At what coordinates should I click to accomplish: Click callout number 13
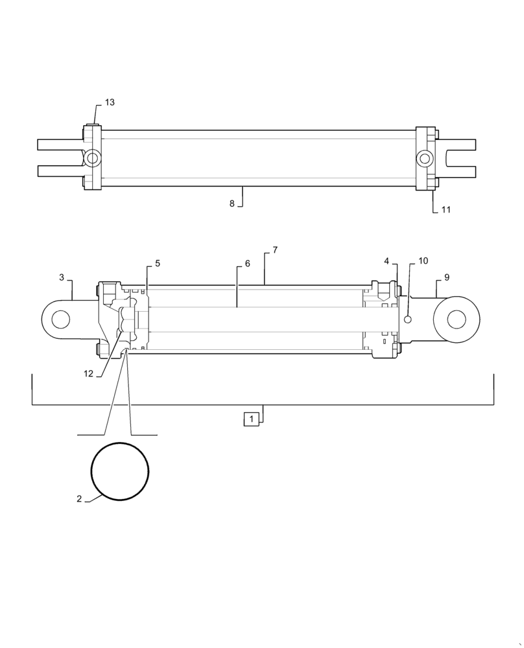coord(110,103)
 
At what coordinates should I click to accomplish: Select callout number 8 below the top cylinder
coord(232,203)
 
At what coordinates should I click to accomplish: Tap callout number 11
coord(446,210)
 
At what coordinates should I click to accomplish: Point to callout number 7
coord(275,250)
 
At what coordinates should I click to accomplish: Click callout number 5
coord(158,264)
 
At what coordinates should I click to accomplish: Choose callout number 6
coord(247,264)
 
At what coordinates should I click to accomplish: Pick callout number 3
coord(62,277)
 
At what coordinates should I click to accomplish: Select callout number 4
coord(387,261)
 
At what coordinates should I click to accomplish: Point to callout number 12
coord(88,373)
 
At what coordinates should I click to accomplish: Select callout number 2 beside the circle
coord(79,499)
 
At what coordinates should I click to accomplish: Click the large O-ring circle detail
coord(120,471)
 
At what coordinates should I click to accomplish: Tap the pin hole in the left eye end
coord(60,319)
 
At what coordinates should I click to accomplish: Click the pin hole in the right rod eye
coord(456,319)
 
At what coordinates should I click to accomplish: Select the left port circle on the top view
coord(93,157)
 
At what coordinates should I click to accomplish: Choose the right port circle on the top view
coord(425,158)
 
